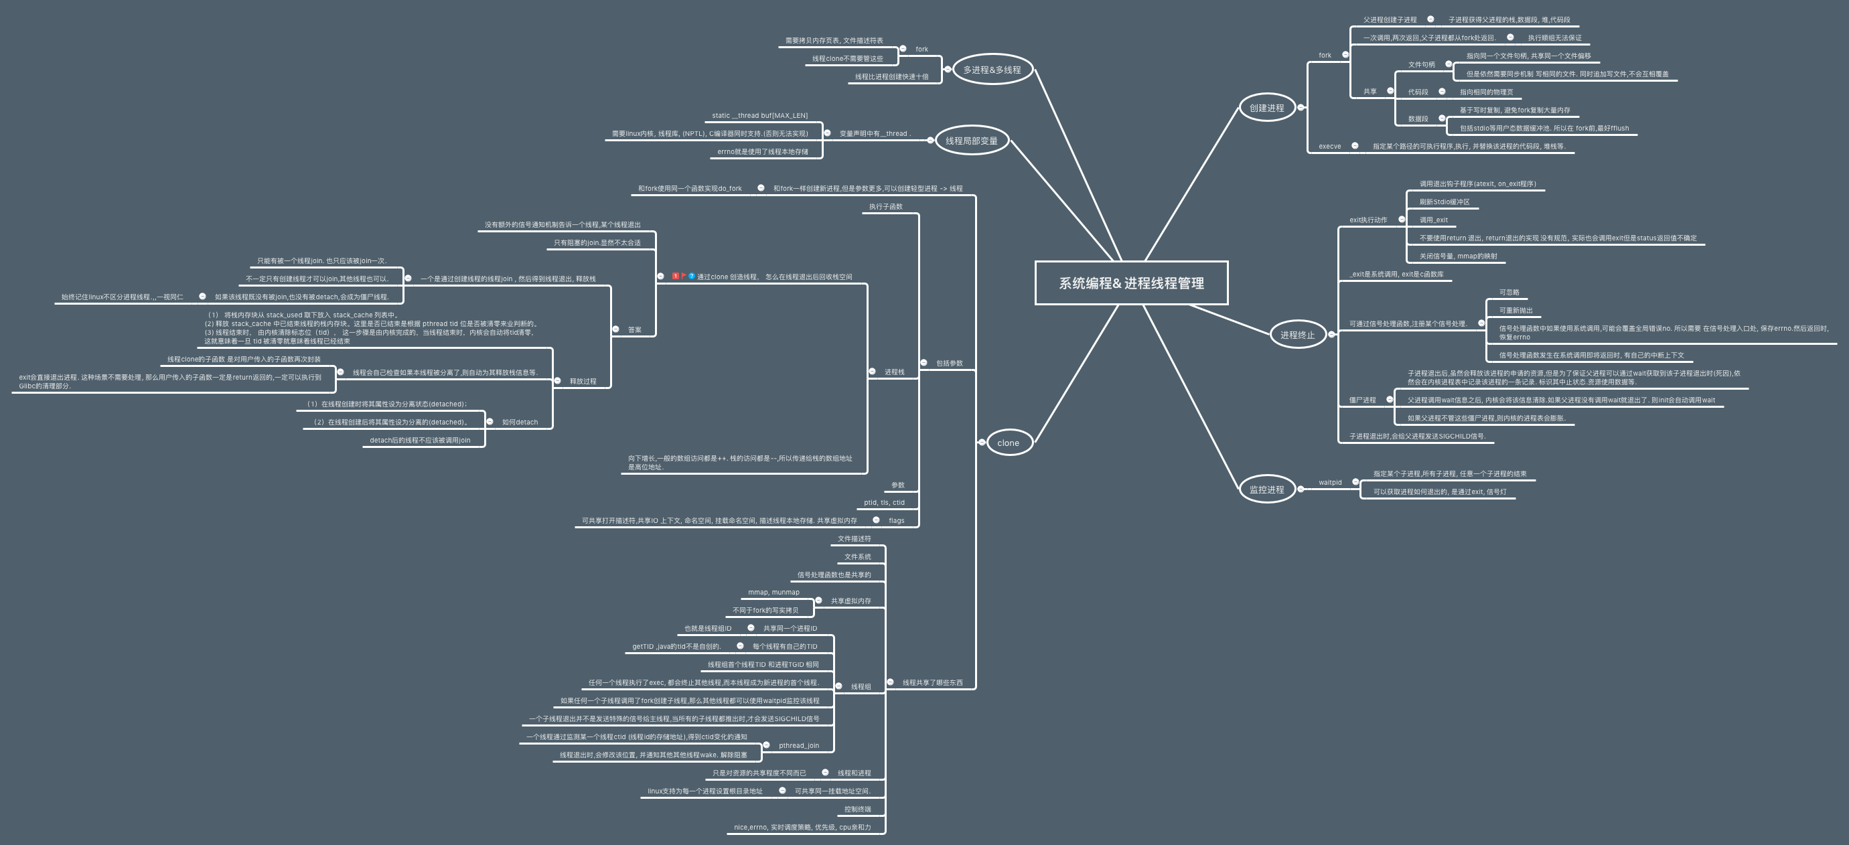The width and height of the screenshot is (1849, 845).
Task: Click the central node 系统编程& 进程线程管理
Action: click(1131, 283)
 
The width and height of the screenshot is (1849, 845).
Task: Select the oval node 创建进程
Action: click(1266, 108)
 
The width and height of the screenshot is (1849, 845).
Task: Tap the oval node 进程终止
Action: click(1297, 335)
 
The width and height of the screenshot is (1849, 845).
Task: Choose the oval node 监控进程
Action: click(1266, 489)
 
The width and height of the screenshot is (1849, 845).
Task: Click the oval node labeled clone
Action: click(1008, 443)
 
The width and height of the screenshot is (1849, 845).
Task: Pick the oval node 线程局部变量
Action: click(971, 141)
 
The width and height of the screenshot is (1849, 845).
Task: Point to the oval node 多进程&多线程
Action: click(991, 70)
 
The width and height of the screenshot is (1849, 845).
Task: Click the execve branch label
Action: click(1329, 147)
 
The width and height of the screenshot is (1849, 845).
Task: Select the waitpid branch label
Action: click(1329, 483)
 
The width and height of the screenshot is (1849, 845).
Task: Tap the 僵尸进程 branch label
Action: click(1361, 400)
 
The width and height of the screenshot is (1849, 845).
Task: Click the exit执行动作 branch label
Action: click(1368, 220)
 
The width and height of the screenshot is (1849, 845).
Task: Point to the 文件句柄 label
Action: click(1421, 64)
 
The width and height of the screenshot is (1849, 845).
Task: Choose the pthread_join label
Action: click(798, 745)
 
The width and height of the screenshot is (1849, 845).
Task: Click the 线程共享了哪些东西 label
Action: click(932, 683)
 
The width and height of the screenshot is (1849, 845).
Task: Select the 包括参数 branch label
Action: click(949, 364)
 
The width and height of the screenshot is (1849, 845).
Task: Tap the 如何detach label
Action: click(520, 422)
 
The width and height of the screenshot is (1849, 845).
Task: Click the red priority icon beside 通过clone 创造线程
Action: click(676, 277)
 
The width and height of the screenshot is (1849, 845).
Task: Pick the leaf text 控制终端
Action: click(857, 809)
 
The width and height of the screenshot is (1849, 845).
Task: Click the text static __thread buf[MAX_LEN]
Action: click(759, 116)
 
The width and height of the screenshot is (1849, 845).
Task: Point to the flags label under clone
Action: click(896, 520)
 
